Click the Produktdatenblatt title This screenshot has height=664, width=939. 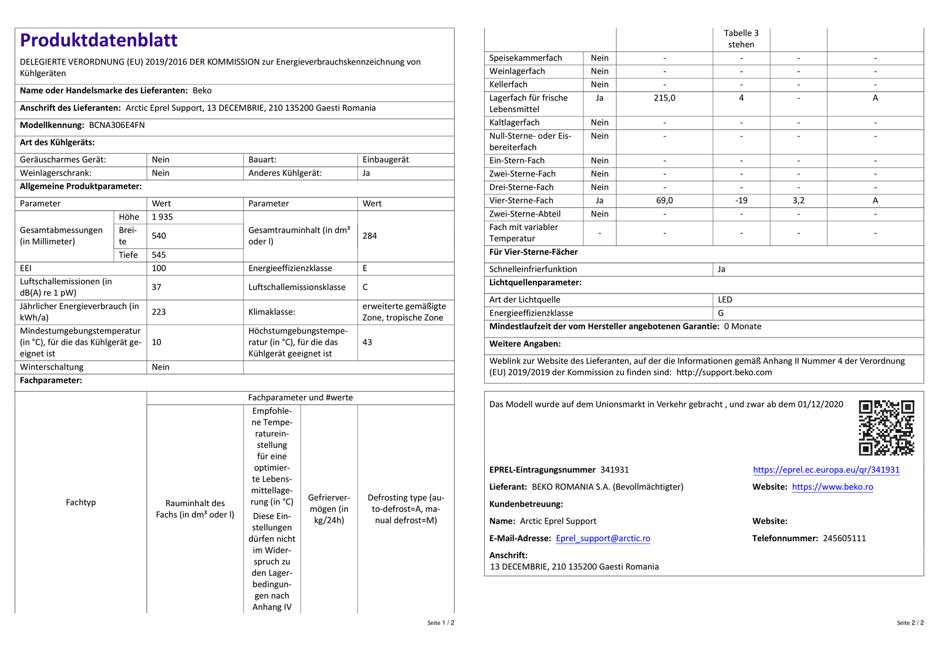point(99,40)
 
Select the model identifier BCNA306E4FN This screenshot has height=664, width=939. point(117,125)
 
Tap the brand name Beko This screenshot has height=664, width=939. point(202,90)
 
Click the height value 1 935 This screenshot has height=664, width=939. point(163,217)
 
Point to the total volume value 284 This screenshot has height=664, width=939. point(370,235)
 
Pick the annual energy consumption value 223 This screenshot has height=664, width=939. point(159,312)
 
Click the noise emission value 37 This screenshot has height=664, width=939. point(157,287)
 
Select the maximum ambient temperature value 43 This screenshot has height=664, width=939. point(367,342)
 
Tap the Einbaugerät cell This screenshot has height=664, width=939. point(386,160)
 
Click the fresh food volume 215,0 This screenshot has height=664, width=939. point(664,98)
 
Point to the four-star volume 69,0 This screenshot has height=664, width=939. point(664,200)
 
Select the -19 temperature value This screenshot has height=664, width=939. point(741,200)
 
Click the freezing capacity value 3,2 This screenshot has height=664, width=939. point(798,200)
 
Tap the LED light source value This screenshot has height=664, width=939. point(725,299)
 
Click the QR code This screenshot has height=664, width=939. point(886,427)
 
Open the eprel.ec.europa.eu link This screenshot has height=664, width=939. point(826,470)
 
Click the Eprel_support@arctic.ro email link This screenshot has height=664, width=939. point(603,538)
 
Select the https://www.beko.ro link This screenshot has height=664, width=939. point(832,487)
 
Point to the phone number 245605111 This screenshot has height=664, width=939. point(844,538)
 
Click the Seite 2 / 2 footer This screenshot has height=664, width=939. point(910,623)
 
